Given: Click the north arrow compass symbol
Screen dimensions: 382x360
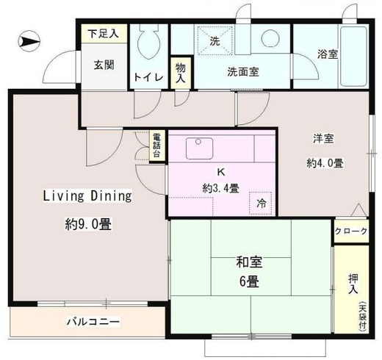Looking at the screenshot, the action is [x=29, y=41].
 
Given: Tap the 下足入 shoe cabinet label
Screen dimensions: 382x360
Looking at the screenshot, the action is [x=104, y=34].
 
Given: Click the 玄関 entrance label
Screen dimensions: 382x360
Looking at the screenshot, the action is [x=104, y=65].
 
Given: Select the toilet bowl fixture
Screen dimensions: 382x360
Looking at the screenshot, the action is [x=149, y=41].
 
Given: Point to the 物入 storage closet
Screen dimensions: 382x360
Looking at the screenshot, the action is [x=181, y=73].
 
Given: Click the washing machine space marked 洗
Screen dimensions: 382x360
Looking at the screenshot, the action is [x=215, y=41].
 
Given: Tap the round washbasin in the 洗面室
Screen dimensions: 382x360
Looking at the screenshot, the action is [x=270, y=38].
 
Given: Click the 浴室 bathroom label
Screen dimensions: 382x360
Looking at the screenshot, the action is [x=328, y=54].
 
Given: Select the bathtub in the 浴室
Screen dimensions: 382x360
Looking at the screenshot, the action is [x=353, y=56].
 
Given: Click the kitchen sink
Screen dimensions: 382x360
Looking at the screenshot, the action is [x=199, y=148].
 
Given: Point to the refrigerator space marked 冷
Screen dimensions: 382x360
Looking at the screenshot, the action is [x=261, y=203].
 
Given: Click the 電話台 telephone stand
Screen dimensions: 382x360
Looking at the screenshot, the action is [x=156, y=146].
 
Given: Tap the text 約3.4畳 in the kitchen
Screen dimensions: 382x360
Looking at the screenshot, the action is [x=221, y=188].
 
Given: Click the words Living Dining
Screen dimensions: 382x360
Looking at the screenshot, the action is [x=87, y=196].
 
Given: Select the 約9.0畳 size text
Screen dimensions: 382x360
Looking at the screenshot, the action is [x=88, y=223].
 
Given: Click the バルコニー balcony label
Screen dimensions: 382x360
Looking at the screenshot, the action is [x=93, y=321].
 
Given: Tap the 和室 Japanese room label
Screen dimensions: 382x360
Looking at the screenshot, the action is [x=249, y=262].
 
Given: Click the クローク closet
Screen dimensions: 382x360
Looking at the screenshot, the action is [x=351, y=231].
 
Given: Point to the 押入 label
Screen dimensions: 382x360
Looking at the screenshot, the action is [x=353, y=284].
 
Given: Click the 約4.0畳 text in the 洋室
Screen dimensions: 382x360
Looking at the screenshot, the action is [x=325, y=163].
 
